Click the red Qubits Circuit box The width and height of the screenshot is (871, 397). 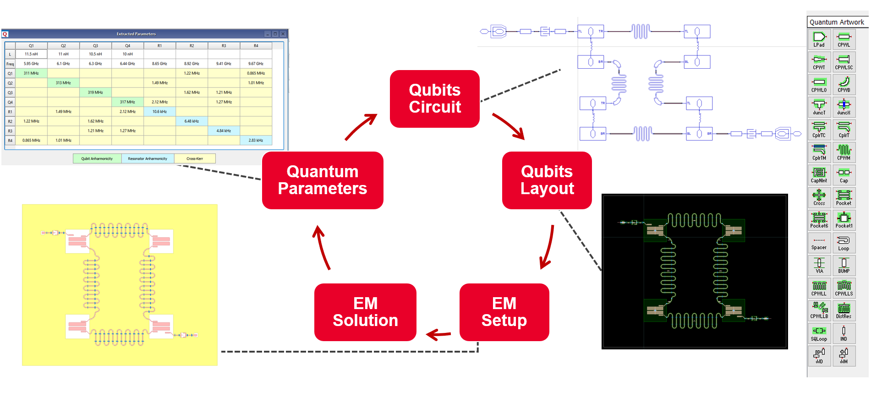pos(434,98)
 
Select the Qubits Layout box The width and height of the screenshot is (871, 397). pos(547,180)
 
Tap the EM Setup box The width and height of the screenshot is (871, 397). pos(504,312)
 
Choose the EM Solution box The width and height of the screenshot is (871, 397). pos(365,312)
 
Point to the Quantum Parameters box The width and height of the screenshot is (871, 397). pos(322,180)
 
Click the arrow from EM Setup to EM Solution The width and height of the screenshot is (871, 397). pos(438,335)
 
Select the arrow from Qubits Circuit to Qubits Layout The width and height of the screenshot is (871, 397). pos(509,126)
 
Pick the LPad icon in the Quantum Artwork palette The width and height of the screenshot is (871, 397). pos(819,38)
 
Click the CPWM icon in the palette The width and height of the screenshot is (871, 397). pos(844,152)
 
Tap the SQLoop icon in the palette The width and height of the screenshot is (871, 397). pos(819,333)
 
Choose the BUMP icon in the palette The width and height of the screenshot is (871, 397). pos(844,265)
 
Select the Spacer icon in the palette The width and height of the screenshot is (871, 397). pos(819,242)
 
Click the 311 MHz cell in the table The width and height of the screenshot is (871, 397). pos(31,73)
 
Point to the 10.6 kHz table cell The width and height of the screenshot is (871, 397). pos(159,112)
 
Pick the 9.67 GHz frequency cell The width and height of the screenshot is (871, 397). pos(256,64)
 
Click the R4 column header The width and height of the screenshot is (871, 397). pos(256,46)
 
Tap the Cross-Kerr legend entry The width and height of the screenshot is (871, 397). pos(195,159)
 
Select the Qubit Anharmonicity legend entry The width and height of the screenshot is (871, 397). pos(97,159)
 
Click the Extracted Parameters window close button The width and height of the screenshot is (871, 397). pos(283,34)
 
